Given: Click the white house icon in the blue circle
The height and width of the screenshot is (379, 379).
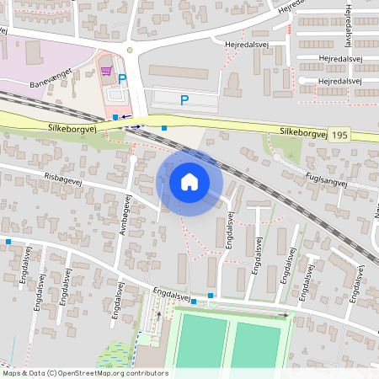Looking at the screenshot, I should (189, 182).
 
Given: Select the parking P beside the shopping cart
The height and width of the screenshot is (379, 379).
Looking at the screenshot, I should (122, 78).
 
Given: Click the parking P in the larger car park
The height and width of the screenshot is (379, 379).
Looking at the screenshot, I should (184, 100).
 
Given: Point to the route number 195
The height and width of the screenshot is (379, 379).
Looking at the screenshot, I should (339, 135).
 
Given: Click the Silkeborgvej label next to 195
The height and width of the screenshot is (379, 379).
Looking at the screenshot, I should (302, 132).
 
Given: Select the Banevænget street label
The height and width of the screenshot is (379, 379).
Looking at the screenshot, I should (51, 79).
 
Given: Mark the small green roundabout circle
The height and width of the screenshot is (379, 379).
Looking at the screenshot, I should (130, 50).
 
